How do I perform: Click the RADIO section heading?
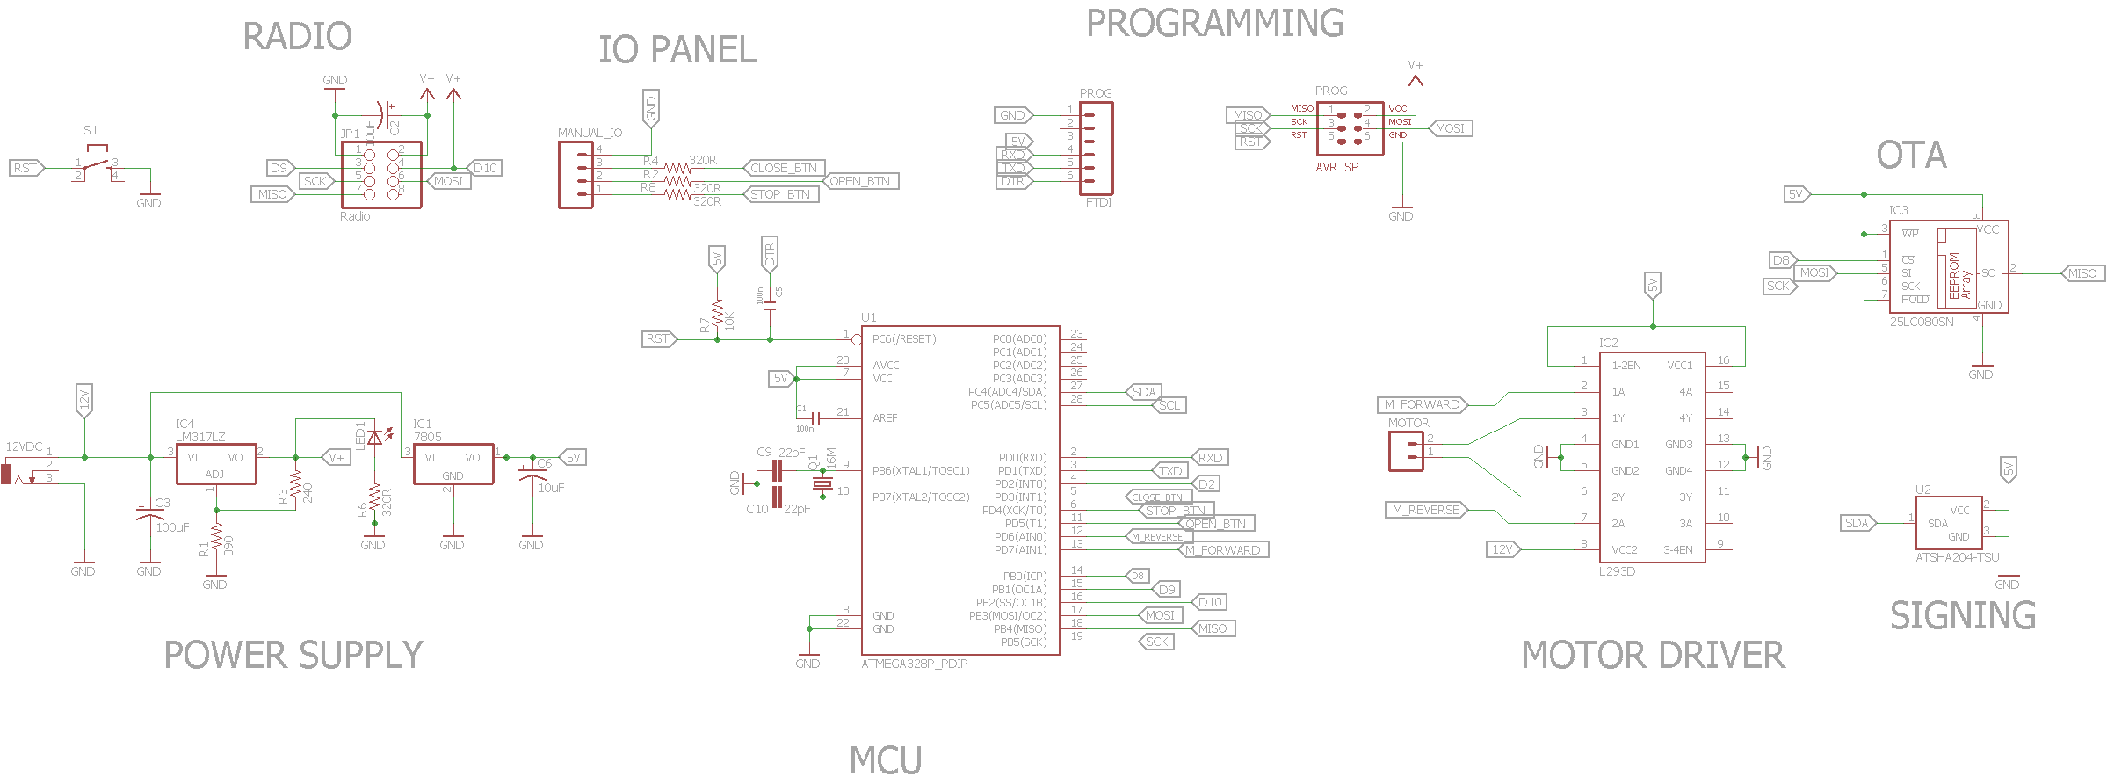(x=297, y=37)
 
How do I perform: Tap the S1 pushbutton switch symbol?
(x=98, y=163)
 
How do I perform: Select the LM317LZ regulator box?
(x=216, y=464)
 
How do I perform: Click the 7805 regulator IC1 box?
(x=453, y=464)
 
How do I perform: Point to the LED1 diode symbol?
(x=374, y=437)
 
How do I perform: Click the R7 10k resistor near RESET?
(x=718, y=315)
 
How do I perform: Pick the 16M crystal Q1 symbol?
(x=822, y=483)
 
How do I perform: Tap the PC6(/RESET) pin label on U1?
(x=904, y=339)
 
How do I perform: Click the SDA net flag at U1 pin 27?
(x=1143, y=392)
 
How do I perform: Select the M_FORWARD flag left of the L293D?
(x=1421, y=405)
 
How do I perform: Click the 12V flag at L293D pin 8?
(x=1502, y=549)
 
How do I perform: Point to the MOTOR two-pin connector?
(x=1406, y=452)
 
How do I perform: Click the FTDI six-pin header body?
(x=1097, y=149)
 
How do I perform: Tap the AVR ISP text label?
(x=1336, y=167)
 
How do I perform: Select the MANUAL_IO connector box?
(x=576, y=175)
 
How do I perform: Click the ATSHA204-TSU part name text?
(x=1957, y=557)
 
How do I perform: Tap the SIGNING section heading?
(x=1962, y=615)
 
